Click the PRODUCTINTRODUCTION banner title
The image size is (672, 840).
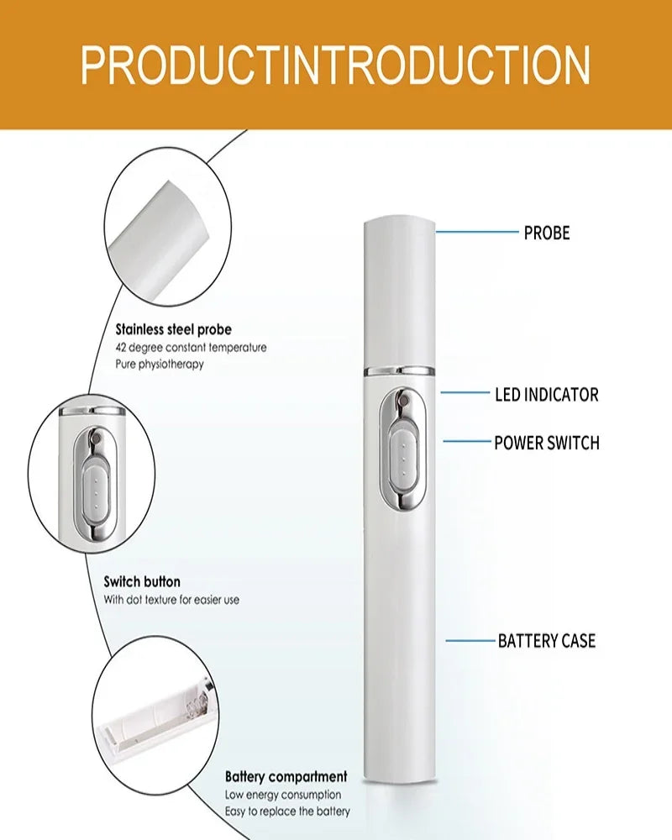pos(335,65)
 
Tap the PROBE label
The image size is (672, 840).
pos(546,233)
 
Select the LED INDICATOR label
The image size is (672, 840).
pos(546,394)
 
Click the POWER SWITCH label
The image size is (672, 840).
pos(546,443)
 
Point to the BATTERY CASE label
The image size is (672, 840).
pos(546,641)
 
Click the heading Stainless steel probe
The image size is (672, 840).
pos(173,329)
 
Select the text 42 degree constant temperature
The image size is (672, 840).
pos(191,347)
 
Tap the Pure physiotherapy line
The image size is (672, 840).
pos(160,365)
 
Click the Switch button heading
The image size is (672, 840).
pos(142,581)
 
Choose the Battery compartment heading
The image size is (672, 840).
pos(286,776)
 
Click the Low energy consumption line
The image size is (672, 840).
pos(283,794)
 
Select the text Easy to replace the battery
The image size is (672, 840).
pos(287,811)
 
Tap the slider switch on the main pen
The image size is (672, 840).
pos(401,454)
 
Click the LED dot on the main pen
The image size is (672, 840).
pos(401,404)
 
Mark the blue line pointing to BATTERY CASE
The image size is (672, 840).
pos(470,641)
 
